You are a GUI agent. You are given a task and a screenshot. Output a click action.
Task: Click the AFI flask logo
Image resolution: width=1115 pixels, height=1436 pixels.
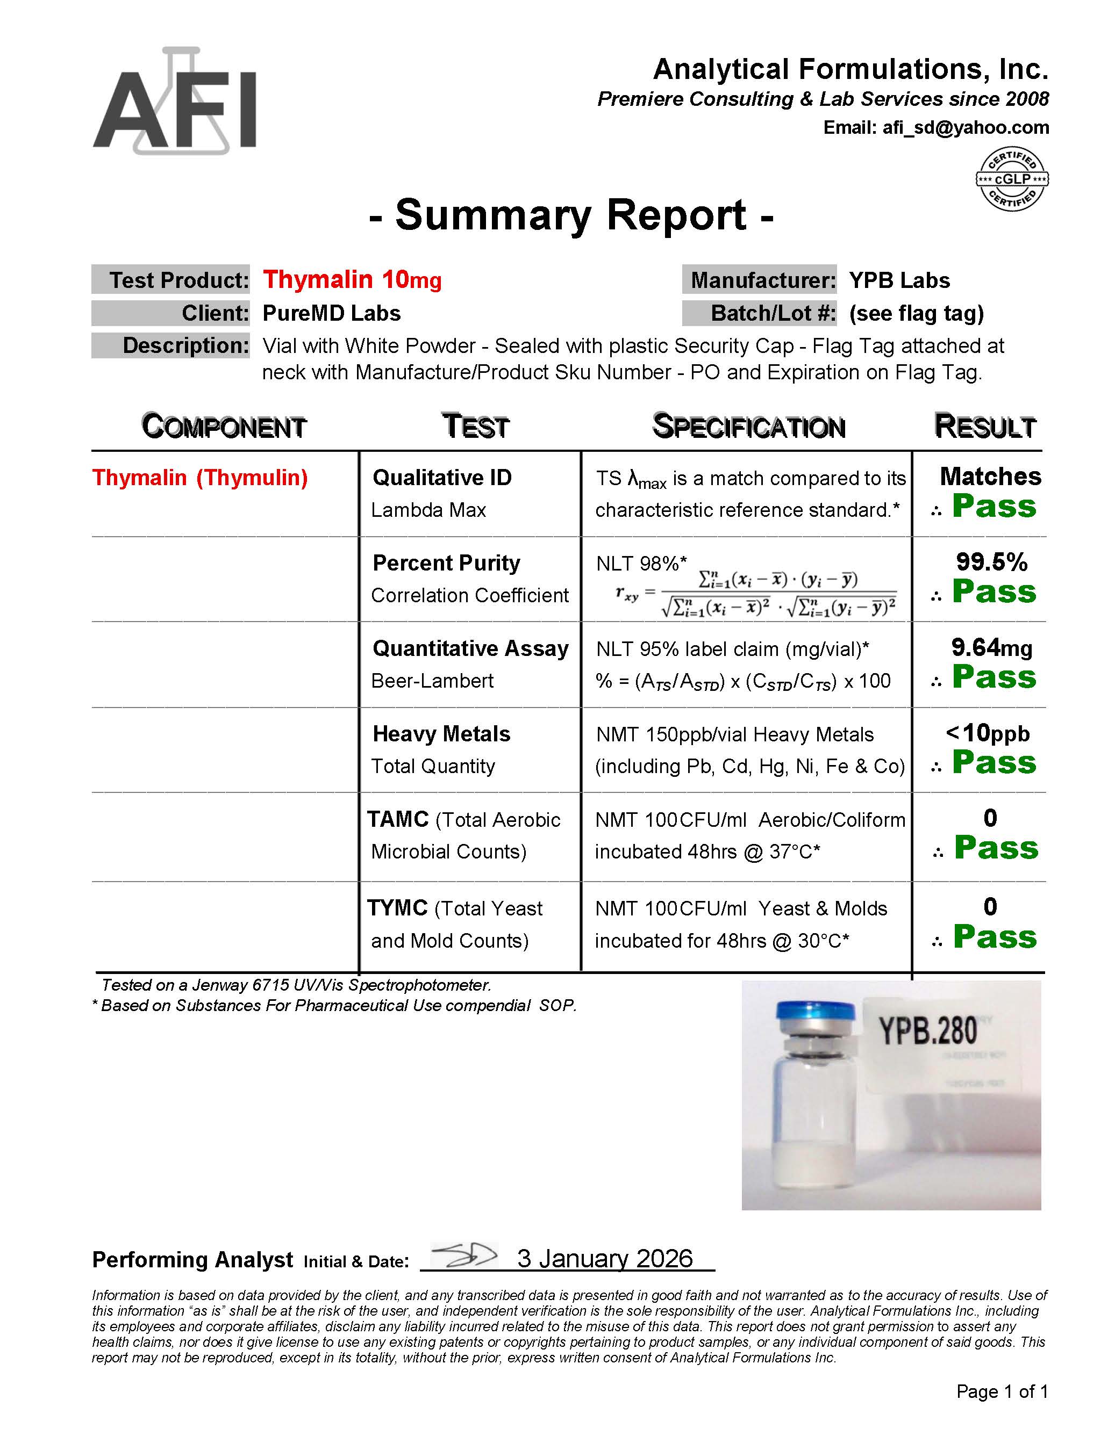pos(174,102)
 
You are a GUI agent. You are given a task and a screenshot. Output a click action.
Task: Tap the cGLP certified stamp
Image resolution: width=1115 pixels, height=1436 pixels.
pos(1011,179)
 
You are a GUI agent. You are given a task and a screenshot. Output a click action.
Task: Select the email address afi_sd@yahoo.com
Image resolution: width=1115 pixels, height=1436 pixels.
pos(965,127)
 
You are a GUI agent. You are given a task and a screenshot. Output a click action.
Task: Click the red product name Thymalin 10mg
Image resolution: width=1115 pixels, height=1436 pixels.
pos(352,280)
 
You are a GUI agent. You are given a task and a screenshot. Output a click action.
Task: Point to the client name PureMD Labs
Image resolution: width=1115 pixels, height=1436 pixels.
pos(332,313)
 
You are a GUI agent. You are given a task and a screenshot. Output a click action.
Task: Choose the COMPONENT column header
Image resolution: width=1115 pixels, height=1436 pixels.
pos(224,427)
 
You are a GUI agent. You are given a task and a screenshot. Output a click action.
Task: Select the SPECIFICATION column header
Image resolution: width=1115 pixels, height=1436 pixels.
pos(748,427)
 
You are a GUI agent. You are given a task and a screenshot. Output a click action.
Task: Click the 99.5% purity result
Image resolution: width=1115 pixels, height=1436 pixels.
pos(991,562)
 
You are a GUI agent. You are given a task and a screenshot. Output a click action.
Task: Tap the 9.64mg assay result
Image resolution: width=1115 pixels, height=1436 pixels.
pos(991,648)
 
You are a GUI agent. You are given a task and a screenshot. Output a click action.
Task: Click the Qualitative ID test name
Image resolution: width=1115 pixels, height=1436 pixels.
pos(442,478)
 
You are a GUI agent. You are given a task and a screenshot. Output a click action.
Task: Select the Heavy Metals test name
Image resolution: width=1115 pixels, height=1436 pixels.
pos(441,734)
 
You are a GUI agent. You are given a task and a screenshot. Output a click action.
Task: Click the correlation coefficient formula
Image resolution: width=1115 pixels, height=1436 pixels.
pos(756,594)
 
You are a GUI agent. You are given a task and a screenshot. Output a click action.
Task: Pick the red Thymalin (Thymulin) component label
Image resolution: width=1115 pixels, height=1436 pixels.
pos(200,478)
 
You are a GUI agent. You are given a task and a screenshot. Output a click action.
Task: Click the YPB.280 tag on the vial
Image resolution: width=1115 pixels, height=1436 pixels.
pos(928,1031)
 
